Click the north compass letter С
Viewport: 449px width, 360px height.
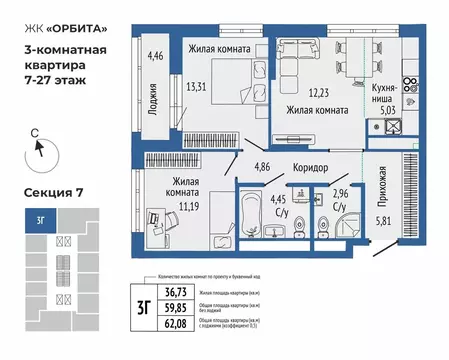[33, 130]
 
